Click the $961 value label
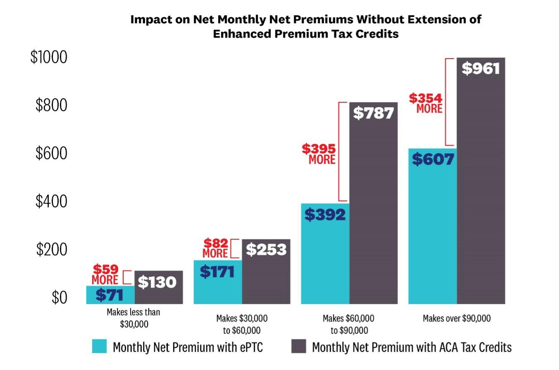481,69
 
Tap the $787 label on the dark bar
373,113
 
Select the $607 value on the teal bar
433,159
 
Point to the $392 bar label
325,214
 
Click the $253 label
266,250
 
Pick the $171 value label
217,272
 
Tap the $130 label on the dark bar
157,282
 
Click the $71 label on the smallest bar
109,295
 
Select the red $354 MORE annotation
426,103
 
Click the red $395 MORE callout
319,154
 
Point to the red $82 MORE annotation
215,248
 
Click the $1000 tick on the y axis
49,57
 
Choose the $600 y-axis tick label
51,153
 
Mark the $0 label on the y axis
59,298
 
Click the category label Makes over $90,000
457,318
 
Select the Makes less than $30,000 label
133,318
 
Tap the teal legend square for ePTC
100,346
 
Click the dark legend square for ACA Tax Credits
299,346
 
